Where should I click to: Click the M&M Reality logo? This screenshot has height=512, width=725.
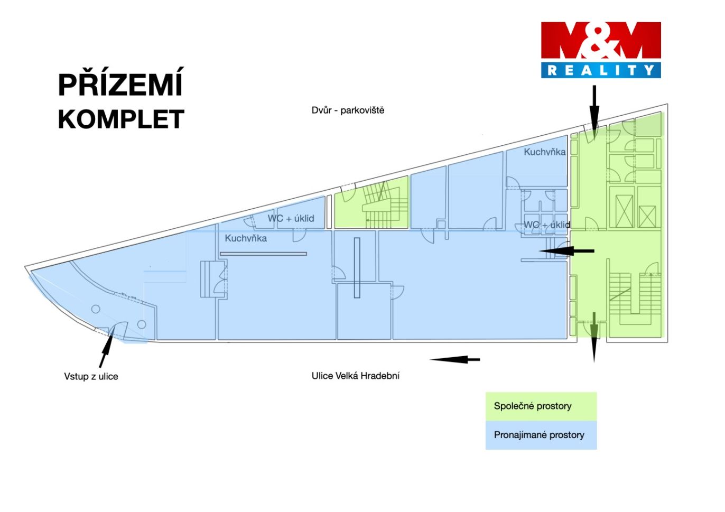point(601,50)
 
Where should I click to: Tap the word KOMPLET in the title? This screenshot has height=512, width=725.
point(121,119)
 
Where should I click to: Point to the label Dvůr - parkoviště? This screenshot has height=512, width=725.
point(348,110)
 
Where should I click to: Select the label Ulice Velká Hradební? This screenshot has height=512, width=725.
point(356,376)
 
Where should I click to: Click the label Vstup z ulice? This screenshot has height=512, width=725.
point(91,376)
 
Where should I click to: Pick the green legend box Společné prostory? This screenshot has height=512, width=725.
point(541,406)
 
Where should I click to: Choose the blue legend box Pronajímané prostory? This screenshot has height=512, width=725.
point(541,435)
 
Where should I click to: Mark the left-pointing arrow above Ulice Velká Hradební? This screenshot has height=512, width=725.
point(455,359)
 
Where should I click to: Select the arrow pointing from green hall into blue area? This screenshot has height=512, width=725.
point(566,251)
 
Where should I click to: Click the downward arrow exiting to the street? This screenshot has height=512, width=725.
point(594,337)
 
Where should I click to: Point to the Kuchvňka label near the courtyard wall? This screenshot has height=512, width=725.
point(545,152)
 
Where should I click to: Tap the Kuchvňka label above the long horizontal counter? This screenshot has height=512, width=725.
point(246,238)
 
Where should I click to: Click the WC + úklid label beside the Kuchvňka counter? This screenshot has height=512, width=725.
point(291,218)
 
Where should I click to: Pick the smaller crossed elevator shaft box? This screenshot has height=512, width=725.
point(648,217)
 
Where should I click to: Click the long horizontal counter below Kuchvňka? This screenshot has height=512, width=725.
point(264,254)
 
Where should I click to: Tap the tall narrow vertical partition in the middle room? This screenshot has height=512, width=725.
point(357,268)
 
